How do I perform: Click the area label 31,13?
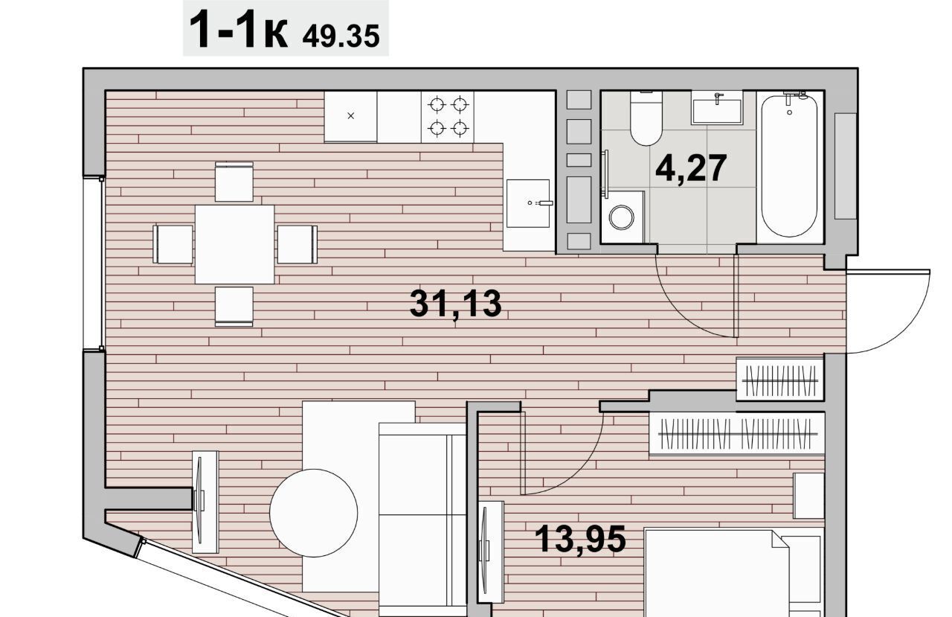coord(456,304)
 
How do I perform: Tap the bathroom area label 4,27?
coord(691,169)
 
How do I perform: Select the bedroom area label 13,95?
coord(580,539)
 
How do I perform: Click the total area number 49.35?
coord(341,36)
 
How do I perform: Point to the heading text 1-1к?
coord(239,31)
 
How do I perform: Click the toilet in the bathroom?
coord(646,118)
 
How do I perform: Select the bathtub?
coord(789,166)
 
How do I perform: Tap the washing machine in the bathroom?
coord(623,217)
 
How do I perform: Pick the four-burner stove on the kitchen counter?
coord(448,116)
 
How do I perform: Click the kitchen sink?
coord(528,203)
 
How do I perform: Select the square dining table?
coord(234,245)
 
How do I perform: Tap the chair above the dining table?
coord(234,182)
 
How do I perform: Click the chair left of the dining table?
coord(173,245)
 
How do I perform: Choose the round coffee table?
coord(314,513)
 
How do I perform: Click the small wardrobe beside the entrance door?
coord(780,379)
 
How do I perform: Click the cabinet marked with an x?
coord(350,116)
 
